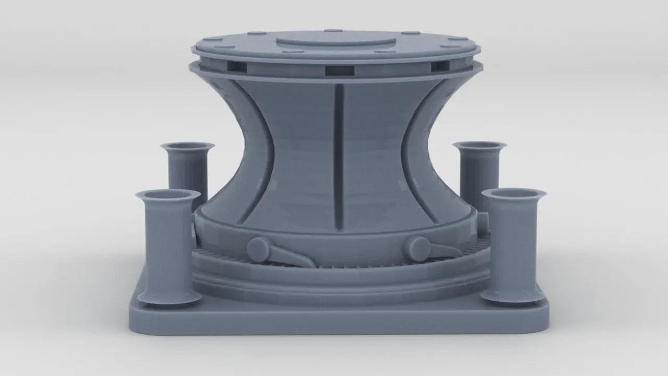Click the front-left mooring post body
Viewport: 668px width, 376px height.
click(x=168, y=245)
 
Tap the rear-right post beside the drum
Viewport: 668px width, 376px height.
click(x=479, y=167)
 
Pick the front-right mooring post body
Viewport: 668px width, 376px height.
click(x=512, y=245)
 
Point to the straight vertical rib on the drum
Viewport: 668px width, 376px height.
click(x=339, y=157)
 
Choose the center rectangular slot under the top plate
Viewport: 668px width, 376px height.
click(x=339, y=71)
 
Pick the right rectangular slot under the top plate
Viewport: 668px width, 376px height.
click(x=439, y=67)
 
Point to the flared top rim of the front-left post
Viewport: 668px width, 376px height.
click(x=168, y=195)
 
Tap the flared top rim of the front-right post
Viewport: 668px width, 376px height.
click(x=514, y=193)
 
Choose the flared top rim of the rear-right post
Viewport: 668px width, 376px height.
click(x=480, y=145)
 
